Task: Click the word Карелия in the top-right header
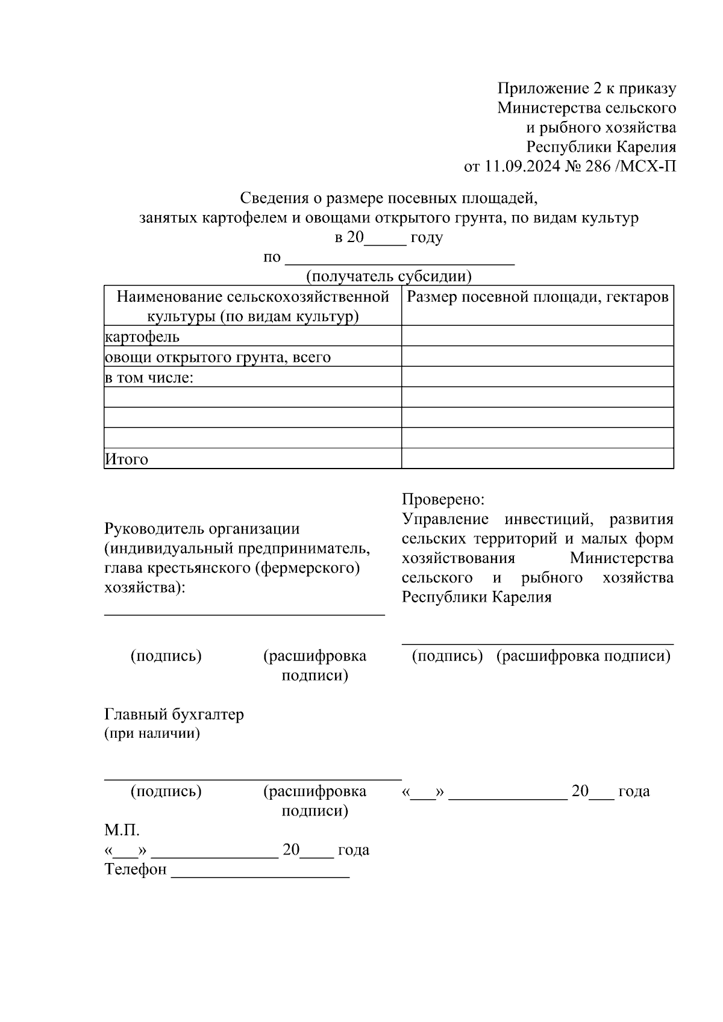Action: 645,147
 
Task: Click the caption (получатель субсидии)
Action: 389,276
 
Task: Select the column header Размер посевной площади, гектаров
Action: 537,297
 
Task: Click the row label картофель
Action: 142,337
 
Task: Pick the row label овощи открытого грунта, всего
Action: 218,357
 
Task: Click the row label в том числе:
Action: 149,378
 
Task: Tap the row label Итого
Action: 127,459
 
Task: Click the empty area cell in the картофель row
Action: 537,336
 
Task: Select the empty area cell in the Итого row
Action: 537,458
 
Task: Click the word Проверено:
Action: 443,499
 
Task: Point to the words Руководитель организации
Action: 202,529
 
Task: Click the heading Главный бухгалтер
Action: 174,714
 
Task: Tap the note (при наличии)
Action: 152,734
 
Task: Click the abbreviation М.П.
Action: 122,830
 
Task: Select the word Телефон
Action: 136,870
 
